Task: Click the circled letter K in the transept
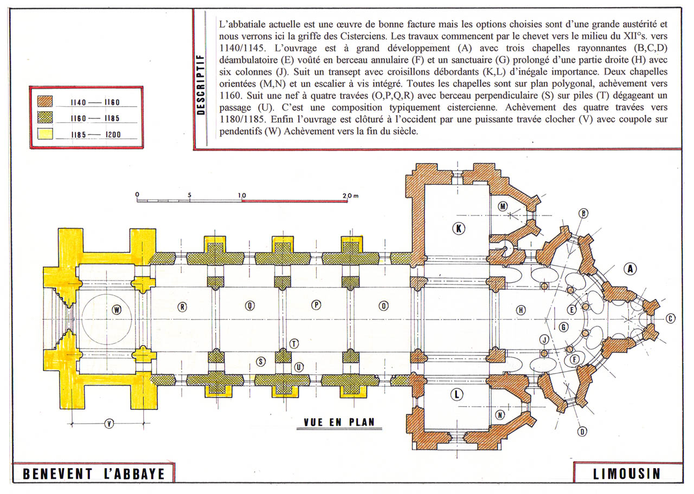(459, 229)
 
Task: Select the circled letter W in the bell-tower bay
(116, 310)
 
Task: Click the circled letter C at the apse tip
(670, 318)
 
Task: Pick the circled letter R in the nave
(182, 307)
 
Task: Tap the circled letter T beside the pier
(294, 343)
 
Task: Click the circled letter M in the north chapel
(503, 206)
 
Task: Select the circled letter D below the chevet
(582, 432)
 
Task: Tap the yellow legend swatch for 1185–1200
(44, 134)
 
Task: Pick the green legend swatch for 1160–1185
(44, 118)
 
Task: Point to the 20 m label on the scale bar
(351, 194)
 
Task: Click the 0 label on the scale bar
(137, 194)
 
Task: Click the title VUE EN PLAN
(339, 422)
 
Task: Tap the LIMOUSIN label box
(626, 473)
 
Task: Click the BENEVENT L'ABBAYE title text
(93, 474)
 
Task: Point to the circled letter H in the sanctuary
(521, 310)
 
